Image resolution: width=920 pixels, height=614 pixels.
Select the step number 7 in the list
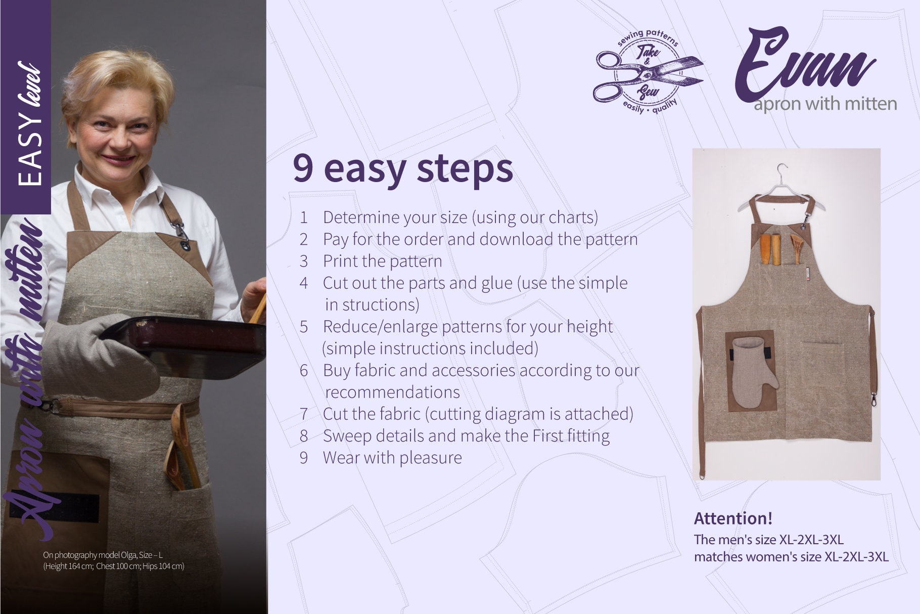point(304,414)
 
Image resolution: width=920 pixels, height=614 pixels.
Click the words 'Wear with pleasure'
point(392,458)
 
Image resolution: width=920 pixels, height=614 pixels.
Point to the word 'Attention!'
point(733,518)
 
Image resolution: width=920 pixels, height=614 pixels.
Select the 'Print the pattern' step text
point(382,261)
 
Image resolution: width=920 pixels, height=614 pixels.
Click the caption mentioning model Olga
point(113,561)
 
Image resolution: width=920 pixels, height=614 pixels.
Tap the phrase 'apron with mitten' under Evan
point(825,104)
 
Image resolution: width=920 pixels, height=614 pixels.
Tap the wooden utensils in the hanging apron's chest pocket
point(781,248)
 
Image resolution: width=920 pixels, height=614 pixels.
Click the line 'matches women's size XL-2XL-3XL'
point(791,557)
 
